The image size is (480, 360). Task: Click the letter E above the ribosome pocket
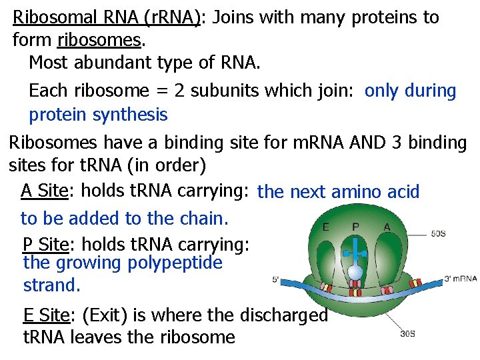click(325, 227)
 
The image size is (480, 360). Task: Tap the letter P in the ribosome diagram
click(355, 227)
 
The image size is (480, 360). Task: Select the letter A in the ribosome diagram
click(387, 227)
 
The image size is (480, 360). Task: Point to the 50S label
click(439, 233)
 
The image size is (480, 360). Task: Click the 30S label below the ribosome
click(408, 333)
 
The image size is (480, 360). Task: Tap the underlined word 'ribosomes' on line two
click(99, 41)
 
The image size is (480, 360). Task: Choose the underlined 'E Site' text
click(47, 315)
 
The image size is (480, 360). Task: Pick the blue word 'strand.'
click(51, 285)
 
